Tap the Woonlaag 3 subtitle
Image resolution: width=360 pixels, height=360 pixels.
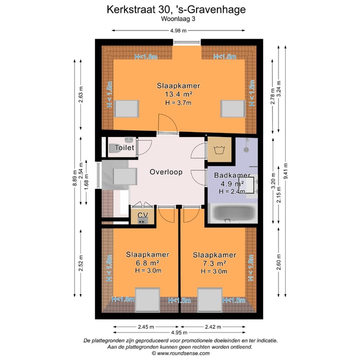pyautogui.click(x=178, y=19)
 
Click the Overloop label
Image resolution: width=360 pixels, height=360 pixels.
pyautogui.click(x=166, y=171)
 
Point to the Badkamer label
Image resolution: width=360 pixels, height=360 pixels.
pyautogui.click(x=232, y=175)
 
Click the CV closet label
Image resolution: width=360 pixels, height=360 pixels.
pyautogui.click(x=143, y=215)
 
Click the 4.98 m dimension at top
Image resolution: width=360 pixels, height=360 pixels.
pyautogui.click(x=178, y=31)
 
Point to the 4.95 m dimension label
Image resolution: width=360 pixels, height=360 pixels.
pyautogui.click(x=178, y=332)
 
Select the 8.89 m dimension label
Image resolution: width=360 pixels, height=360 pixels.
pyautogui.click(x=74, y=177)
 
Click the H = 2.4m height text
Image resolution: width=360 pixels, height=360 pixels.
pyautogui.click(x=232, y=191)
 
